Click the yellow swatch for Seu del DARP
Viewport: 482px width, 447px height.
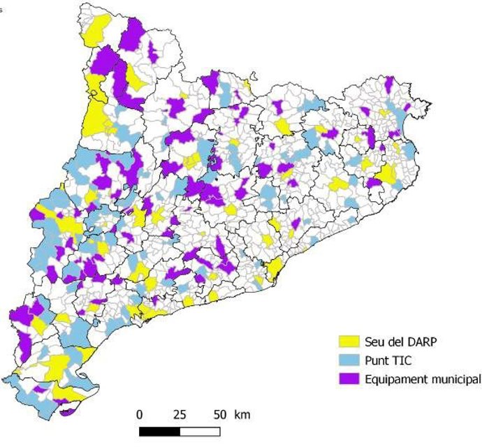(x=349, y=342)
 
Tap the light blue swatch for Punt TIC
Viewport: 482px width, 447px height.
(x=349, y=360)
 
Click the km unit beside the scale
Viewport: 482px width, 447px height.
(x=242, y=414)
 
